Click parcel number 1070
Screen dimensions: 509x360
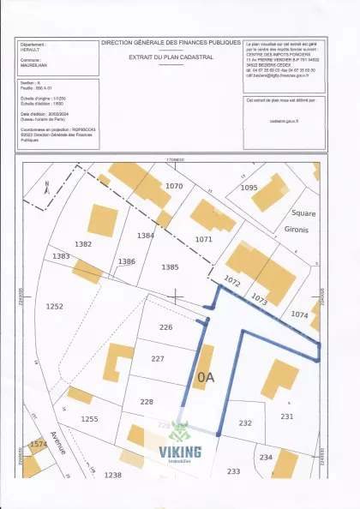[175, 185]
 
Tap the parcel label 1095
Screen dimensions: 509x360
[249, 187]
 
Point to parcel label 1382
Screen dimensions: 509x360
[83, 244]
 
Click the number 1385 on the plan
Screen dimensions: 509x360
[170, 267]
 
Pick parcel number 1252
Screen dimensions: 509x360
[55, 306]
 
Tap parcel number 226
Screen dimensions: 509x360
[166, 326]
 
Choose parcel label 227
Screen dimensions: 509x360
[157, 359]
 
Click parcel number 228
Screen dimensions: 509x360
[147, 401]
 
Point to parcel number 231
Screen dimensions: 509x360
[286, 416]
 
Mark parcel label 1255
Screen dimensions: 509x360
[89, 418]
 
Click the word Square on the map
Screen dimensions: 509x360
[304, 213]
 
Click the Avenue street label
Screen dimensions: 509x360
[59, 442]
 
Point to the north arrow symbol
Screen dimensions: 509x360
[47, 184]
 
